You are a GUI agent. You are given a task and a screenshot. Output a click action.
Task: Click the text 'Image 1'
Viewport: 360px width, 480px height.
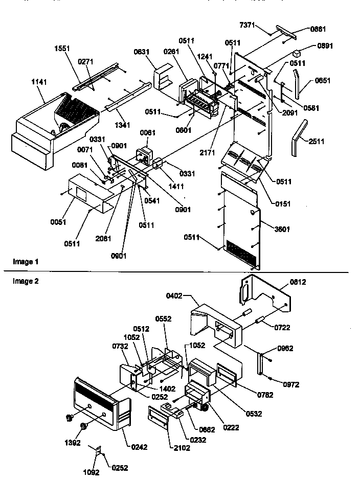pyautogui.click(x=26, y=262)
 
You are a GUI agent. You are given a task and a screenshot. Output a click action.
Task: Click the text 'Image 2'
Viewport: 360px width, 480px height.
pyautogui.click(x=26, y=281)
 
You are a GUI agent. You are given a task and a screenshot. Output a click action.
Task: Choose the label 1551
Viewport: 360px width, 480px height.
pyautogui.click(x=62, y=49)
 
